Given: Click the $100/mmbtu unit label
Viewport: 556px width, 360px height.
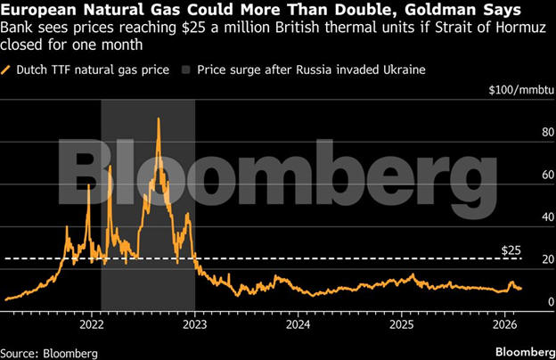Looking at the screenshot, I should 520,91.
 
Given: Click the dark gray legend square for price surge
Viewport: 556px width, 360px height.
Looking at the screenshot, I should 185,69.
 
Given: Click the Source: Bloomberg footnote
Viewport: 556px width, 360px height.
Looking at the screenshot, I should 49,352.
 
